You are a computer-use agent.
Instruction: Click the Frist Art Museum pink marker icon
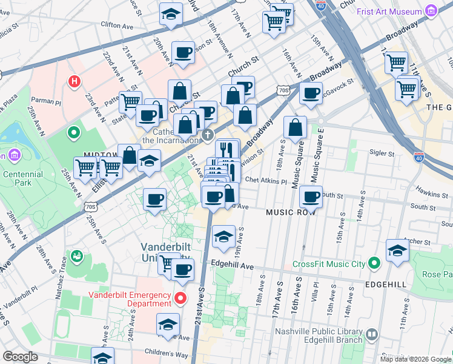pos(431,12)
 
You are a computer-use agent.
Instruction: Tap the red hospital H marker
pos(74,81)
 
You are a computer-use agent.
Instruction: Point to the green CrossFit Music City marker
pos(374,263)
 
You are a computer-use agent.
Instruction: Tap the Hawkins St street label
pos(432,190)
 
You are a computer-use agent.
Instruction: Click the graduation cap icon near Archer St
pos(397,251)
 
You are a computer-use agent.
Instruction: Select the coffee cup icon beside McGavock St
pos(311,94)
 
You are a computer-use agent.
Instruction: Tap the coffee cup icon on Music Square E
pos(311,197)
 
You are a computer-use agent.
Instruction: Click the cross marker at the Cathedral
pos(207,135)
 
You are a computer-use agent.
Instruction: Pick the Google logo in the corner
pos(20,357)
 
